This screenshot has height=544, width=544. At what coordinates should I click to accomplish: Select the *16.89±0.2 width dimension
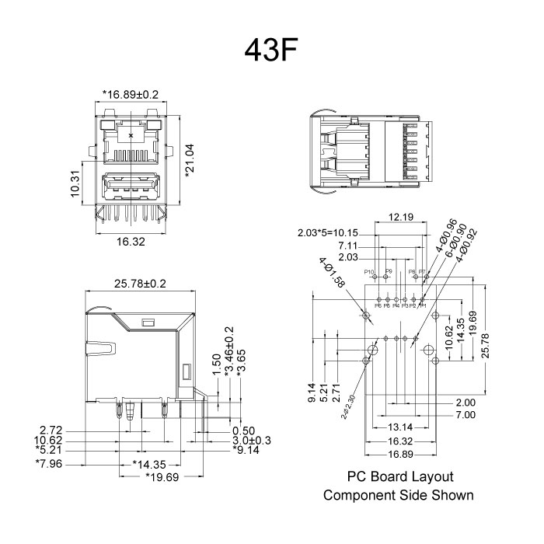pyautogui.click(x=130, y=95)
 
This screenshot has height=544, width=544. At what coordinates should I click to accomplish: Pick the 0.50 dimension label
pyautogui.click(x=243, y=431)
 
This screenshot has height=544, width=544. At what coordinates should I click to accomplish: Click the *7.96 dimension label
pyautogui.click(x=48, y=465)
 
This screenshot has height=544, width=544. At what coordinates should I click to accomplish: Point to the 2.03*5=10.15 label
pyautogui.click(x=328, y=232)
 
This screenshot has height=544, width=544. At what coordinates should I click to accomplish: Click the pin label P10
pyautogui.click(x=371, y=272)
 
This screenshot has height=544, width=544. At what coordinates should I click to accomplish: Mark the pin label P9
pyautogui.click(x=389, y=271)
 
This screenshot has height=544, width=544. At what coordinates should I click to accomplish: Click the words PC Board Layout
pyautogui.click(x=399, y=476)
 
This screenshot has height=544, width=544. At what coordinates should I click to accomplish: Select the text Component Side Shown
pyautogui.click(x=398, y=495)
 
